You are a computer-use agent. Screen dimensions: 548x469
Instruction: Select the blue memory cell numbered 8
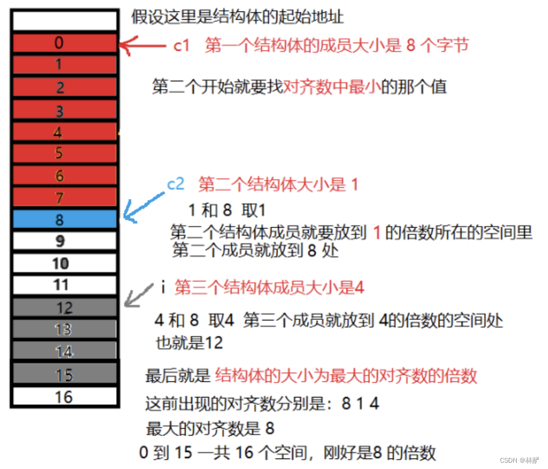64,219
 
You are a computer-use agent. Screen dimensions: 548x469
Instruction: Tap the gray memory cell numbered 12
64,308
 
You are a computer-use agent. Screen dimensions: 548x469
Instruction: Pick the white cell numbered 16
64,396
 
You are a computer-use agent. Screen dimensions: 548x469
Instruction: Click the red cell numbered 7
64,198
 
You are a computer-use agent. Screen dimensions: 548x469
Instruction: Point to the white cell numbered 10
64,263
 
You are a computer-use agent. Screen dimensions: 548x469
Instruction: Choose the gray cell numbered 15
64,375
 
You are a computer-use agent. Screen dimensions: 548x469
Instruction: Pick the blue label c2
176,184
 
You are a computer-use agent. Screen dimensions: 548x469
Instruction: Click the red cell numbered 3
64,110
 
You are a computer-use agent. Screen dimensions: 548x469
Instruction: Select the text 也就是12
189,343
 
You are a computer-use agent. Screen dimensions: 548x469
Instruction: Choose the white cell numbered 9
64,241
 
